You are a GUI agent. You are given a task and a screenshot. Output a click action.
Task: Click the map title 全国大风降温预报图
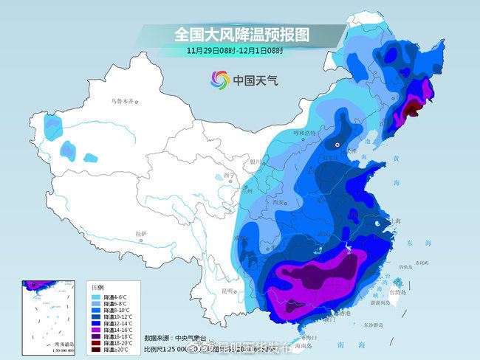point(241,34)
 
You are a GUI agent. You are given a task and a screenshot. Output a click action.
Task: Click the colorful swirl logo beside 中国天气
point(220,79)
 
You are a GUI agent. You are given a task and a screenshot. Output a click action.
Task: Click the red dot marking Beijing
point(337,145)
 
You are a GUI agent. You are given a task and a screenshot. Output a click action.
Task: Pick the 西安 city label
point(278,201)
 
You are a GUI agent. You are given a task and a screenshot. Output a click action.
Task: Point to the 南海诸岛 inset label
point(65,344)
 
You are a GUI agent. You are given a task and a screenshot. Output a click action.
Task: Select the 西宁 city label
point(228,176)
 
